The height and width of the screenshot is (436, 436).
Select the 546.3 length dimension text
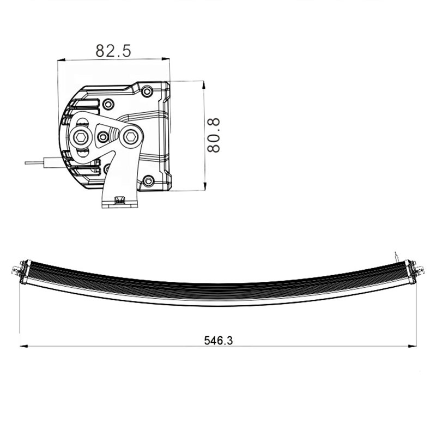pyautogui.click(x=219, y=341)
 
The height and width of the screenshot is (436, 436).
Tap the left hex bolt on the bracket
pyautogui.click(x=81, y=137)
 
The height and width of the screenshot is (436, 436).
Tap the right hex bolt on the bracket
pyautogui.click(x=130, y=137)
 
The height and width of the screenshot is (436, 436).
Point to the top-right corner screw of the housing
pyautogui.click(x=147, y=90)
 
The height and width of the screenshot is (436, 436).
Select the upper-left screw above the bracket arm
pyautogui.click(x=108, y=104)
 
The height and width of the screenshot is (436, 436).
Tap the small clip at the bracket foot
pyautogui.click(x=119, y=202)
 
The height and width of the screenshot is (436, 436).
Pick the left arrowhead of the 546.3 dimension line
pyautogui.click(x=23, y=346)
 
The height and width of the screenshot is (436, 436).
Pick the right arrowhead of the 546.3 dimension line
pyautogui.click(x=413, y=346)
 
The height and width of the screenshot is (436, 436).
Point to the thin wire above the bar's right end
pyautogui.click(x=396, y=255)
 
